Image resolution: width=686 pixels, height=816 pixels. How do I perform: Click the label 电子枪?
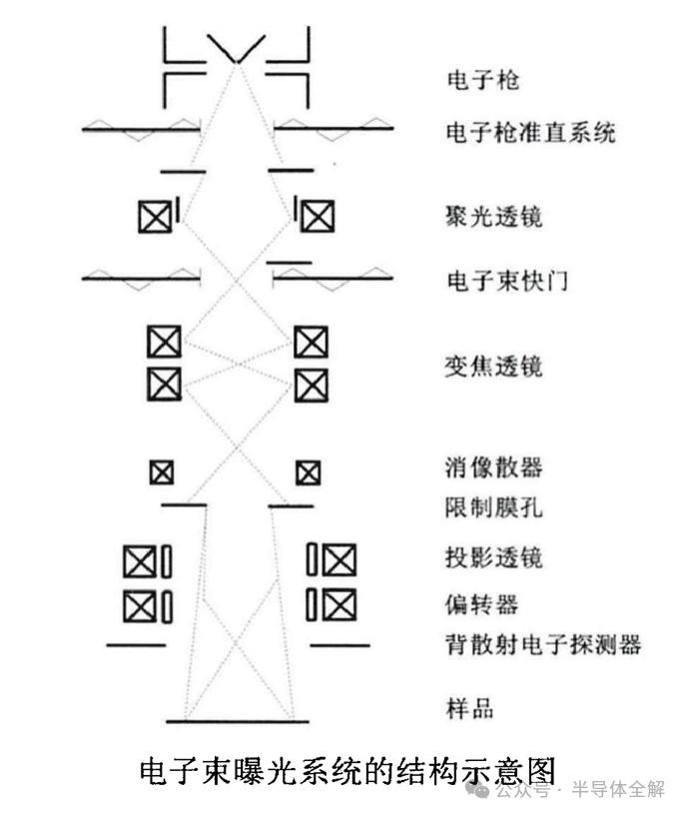(482, 80)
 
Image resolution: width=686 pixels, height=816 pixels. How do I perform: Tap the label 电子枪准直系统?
(530, 133)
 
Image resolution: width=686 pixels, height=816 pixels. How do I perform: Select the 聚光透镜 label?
(494, 217)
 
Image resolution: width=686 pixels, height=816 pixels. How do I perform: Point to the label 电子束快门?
(507, 281)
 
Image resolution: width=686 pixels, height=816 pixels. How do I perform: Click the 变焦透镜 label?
(494, 367)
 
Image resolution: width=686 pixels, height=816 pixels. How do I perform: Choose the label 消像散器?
(494, 467)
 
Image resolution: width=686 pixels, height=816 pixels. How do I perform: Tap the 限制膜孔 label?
(494, 507)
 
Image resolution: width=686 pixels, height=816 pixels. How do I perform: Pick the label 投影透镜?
(494, 557)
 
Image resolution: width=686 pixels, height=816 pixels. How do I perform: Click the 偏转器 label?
(481, 604)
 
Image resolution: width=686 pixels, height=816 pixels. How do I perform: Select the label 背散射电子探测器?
(543, 644)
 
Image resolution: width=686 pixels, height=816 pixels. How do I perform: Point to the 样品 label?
(469, 708)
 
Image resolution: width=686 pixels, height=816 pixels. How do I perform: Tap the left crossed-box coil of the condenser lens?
(155, 217)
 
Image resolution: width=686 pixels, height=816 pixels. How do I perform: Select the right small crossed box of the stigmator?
(309, 473)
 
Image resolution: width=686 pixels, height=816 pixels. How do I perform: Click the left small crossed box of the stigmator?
(162, 472)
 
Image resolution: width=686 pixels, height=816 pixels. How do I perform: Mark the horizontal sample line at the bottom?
(238, 721)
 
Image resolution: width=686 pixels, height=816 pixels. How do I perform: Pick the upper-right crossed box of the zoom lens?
(311, 343)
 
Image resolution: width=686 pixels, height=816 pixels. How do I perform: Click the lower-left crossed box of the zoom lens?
(165, 385)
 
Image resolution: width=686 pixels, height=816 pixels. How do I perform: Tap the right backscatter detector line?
(341, 645)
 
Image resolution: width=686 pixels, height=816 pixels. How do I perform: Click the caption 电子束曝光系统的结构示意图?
(347, 771)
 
